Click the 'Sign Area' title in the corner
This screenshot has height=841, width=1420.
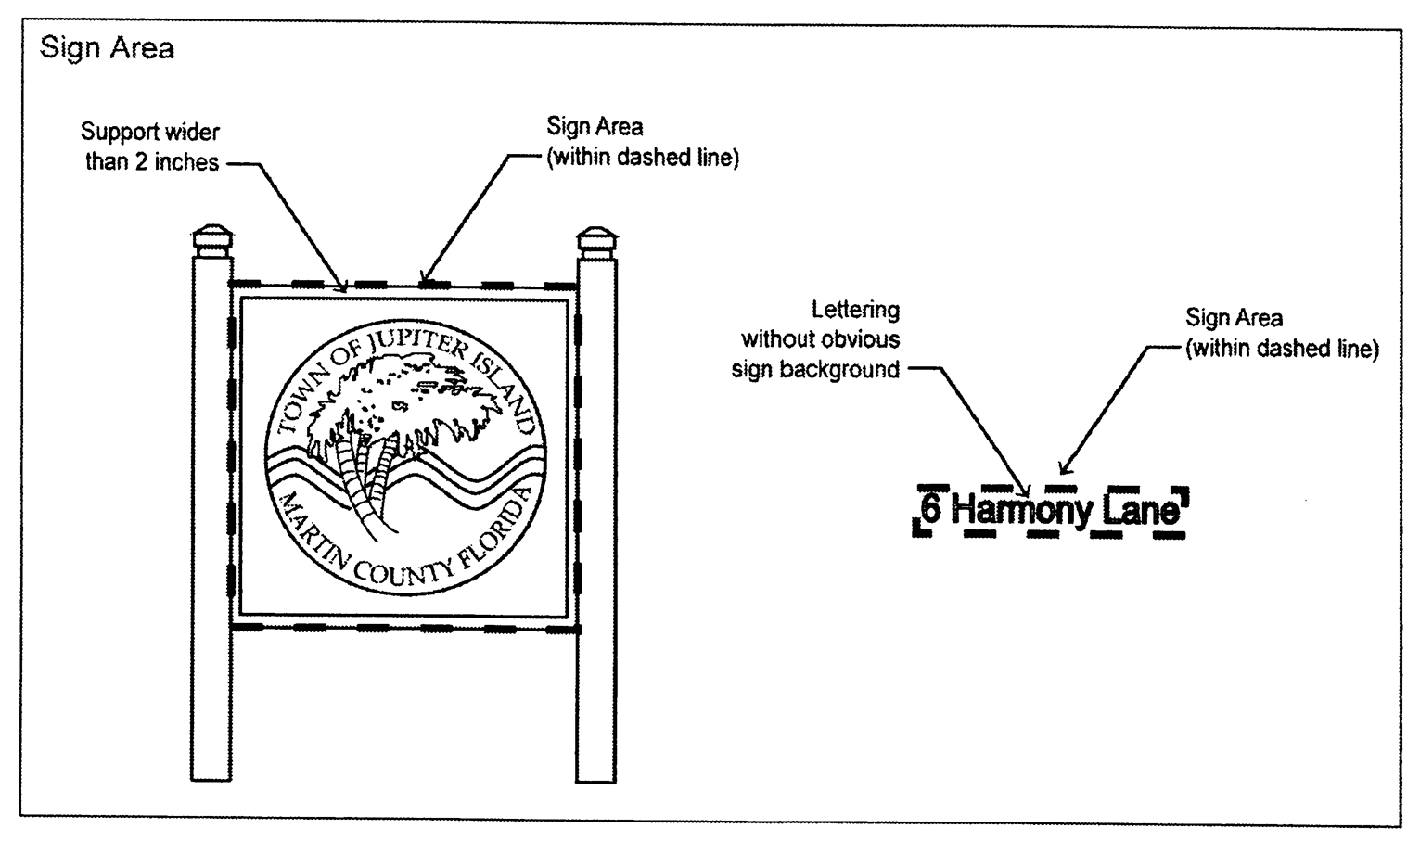tap(107, 48)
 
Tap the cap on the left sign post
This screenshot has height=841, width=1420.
tap(212, 239)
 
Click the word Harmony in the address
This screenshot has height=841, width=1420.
tap(1020, 510)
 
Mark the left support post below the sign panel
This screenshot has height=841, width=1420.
tap(212, 705)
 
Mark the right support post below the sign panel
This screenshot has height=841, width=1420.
tap(597, 705)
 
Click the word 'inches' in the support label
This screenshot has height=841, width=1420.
tap(186, 162)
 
